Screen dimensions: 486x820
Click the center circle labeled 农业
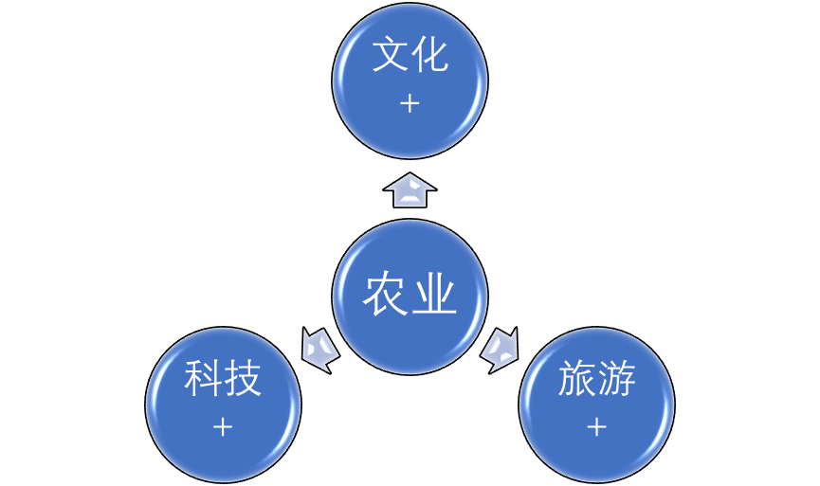click(410, 297)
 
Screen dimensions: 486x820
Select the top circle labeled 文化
click(410, 81)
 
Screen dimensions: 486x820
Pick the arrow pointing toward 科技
click(319, 349)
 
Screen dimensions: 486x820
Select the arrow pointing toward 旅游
click(500, 349)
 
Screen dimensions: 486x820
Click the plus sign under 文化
click(410, 103)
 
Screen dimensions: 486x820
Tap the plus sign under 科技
click(223, 427)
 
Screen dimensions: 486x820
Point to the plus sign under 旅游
click(596, 427)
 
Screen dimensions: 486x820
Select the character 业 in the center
click(434, 296)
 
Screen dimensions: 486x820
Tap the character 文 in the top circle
click(390, 56)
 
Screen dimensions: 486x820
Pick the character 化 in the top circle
click(429, 56)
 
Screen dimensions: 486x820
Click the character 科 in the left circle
click(203, 380)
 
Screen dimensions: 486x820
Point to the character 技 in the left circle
click(243, 380)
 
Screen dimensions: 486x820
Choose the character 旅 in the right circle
click(576, 380)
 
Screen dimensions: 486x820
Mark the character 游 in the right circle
click(616, 380)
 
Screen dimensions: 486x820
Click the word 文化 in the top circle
click(410, 56)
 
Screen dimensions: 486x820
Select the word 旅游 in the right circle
click(596, 380)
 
